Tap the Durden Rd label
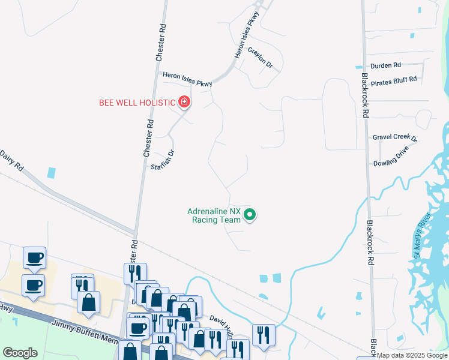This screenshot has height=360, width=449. (x=386, y=65)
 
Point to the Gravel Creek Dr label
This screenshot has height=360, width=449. (x=394, y=137)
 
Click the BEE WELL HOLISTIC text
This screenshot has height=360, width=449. (x=137, y=103)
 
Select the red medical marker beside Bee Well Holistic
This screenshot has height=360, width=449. (x=184, y=102)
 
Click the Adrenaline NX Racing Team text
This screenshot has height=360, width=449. (x=214, y=215)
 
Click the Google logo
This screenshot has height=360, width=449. (x=20, y=353)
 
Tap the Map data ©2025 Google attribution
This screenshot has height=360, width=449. (x=412, y=355)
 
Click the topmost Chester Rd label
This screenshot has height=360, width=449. (x=160, y=42)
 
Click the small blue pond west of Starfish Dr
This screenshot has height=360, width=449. (x=52, y=173)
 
